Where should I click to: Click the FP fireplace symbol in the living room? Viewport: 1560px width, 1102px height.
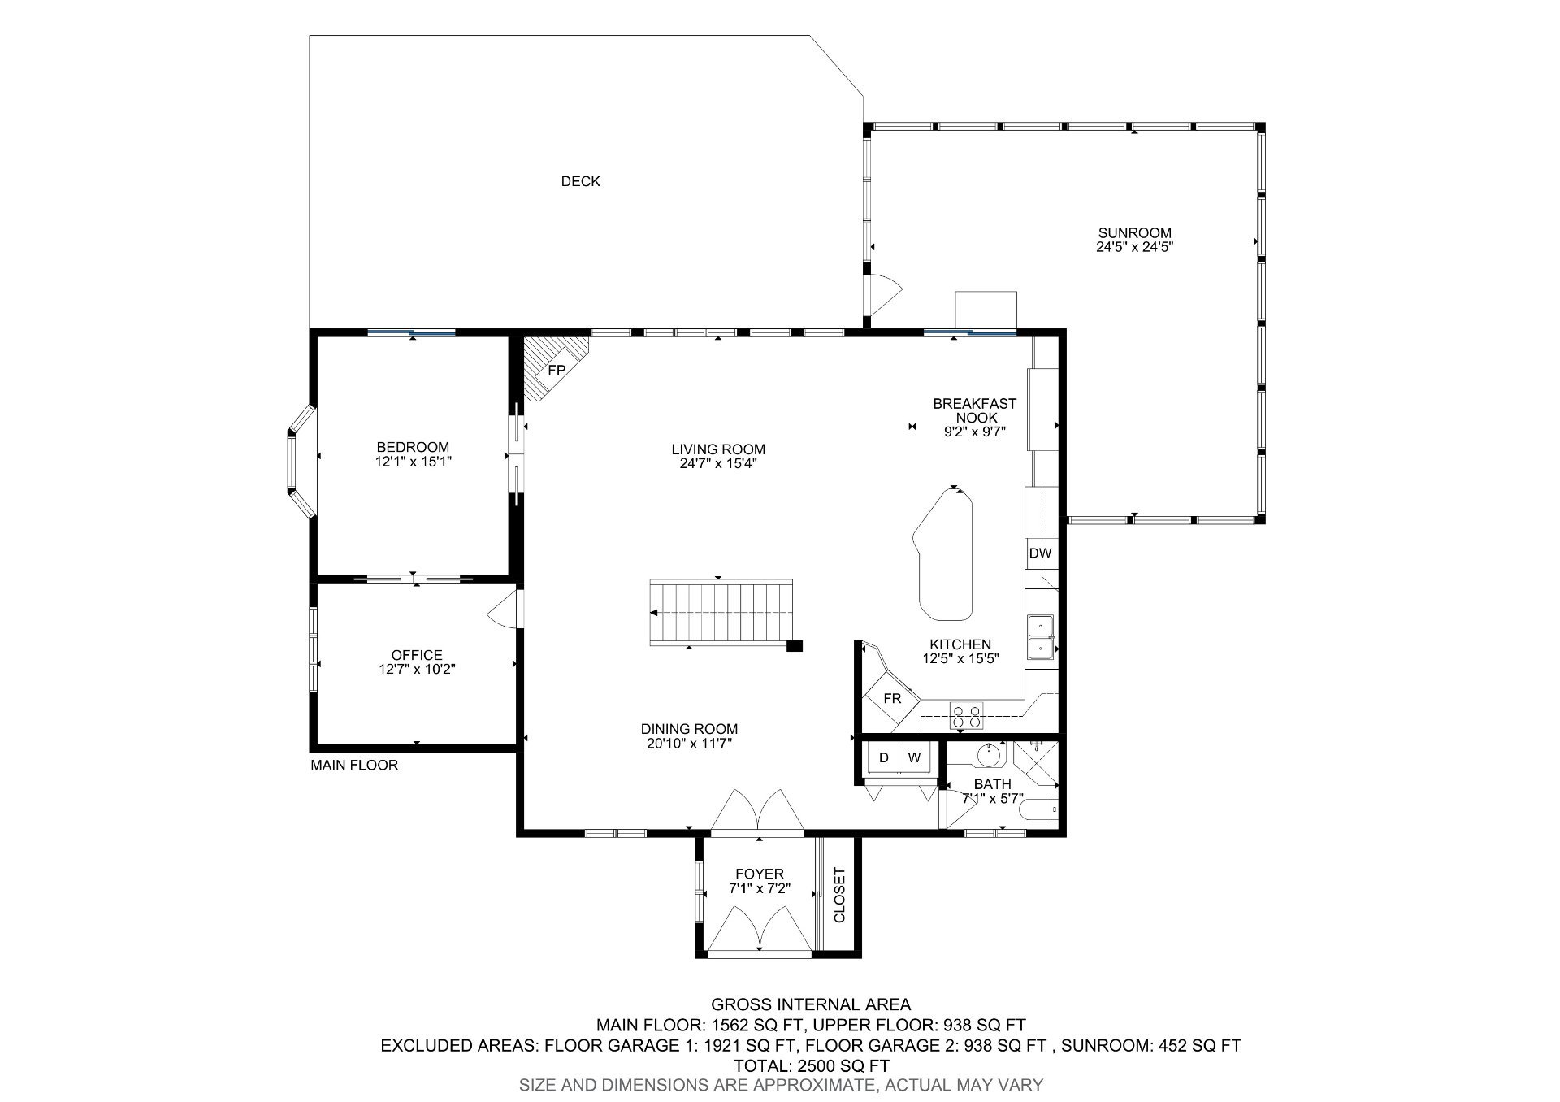tap(556, 370)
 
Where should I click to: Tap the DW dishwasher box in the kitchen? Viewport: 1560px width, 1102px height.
tap(1040, 553)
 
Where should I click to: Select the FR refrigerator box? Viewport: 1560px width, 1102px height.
tap(892, 699)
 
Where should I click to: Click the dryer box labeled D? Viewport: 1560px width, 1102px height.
tap(884, 758)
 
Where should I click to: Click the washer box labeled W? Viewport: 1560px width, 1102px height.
tap(914, 758)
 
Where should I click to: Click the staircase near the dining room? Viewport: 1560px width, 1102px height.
tap(721, 613)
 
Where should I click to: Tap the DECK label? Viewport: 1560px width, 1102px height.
tap(580, 181)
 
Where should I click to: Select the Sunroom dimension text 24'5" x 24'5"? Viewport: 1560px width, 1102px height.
tap(1134, 246)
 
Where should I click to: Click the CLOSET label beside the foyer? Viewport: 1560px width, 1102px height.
tap(839, 895)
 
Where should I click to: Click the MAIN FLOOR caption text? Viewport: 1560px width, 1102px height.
tap(354, 765)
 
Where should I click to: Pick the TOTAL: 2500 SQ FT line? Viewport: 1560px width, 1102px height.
tap(811, 1065)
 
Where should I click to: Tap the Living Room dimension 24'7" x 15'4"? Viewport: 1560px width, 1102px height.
tap(718, 463)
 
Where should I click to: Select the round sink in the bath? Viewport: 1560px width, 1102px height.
tap(987, 755)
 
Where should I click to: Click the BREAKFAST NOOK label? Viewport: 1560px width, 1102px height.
tap(974, 410)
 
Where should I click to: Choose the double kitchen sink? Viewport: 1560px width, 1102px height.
tap(1041, 636)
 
